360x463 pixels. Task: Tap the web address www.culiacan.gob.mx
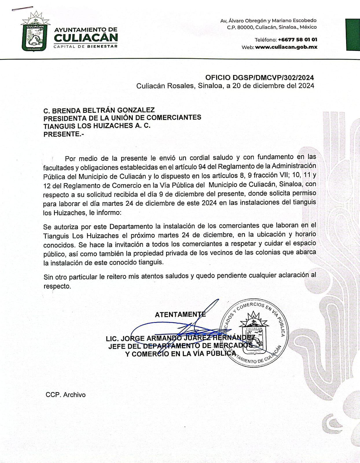[286, 47]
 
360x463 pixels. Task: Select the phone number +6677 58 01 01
[297, 40]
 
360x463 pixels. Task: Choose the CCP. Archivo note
[66, 395]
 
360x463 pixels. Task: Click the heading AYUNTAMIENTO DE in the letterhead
[86, 30]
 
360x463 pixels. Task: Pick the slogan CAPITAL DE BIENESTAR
[86, 46]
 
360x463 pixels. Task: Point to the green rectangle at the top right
[353, 35]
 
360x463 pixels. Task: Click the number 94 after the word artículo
[202, 167]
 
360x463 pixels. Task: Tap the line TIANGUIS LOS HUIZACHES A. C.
[97, 126]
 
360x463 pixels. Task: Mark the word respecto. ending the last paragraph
[57, 286]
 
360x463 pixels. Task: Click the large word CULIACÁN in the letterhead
[86, 38]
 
